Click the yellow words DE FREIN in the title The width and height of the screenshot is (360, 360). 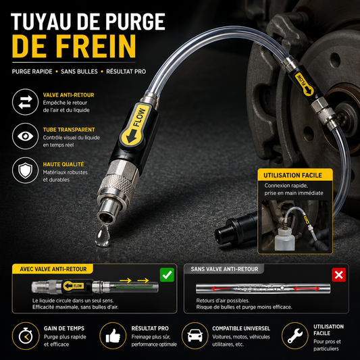(x=74, y=46)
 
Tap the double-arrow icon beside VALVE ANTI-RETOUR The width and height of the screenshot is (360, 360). (x=25, y=102)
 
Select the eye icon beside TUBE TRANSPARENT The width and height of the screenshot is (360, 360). (x=25, y=136)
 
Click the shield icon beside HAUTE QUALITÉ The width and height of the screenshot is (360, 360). (x=25, y=170)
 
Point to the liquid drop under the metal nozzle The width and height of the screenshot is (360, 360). (x=103, y=236)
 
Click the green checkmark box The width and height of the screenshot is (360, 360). (x=167, y=275)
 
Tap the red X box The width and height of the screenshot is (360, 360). (x=338, y=275)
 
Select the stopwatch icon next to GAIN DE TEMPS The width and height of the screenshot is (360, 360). (x=26, y=336)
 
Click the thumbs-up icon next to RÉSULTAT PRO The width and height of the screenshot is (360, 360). (x=113, y=336)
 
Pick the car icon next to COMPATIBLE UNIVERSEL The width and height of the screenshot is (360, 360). (x=195, y=336)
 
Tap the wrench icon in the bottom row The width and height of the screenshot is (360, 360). (x=295, y=336)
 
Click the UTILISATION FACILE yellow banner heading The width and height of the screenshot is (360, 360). (x=295, y=175)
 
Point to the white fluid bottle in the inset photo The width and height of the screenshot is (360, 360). (x=285, y=239)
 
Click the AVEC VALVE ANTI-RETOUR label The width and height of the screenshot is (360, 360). (x=53, y=269)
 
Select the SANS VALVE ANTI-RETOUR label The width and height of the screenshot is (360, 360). (x=224, y=269)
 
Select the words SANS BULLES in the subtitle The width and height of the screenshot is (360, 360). (x=79, y=72)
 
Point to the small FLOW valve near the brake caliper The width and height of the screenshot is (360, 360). (x=304, y=83)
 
